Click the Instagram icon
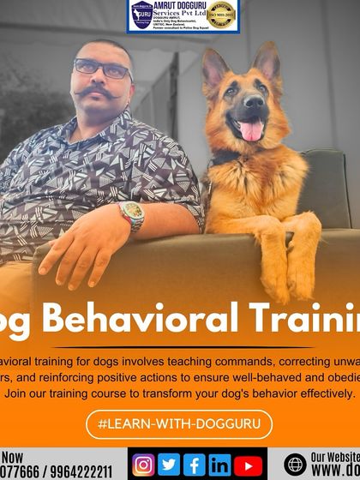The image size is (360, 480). (145, 465)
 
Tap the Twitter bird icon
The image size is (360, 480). (170, 465)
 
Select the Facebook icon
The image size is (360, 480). (195, 465)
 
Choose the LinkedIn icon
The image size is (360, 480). (220, 465)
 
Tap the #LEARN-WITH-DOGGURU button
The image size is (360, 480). (179, 423)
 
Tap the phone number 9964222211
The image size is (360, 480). (81, 471)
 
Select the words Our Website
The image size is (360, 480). (334, 456)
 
